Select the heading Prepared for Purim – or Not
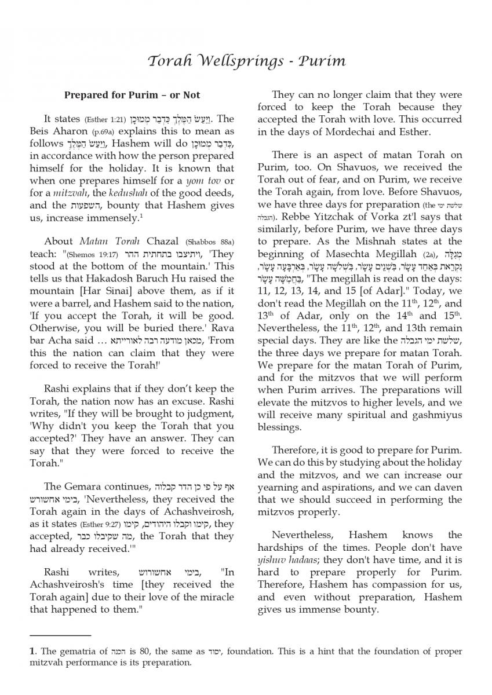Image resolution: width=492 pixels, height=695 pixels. click(x=132, y=95)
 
